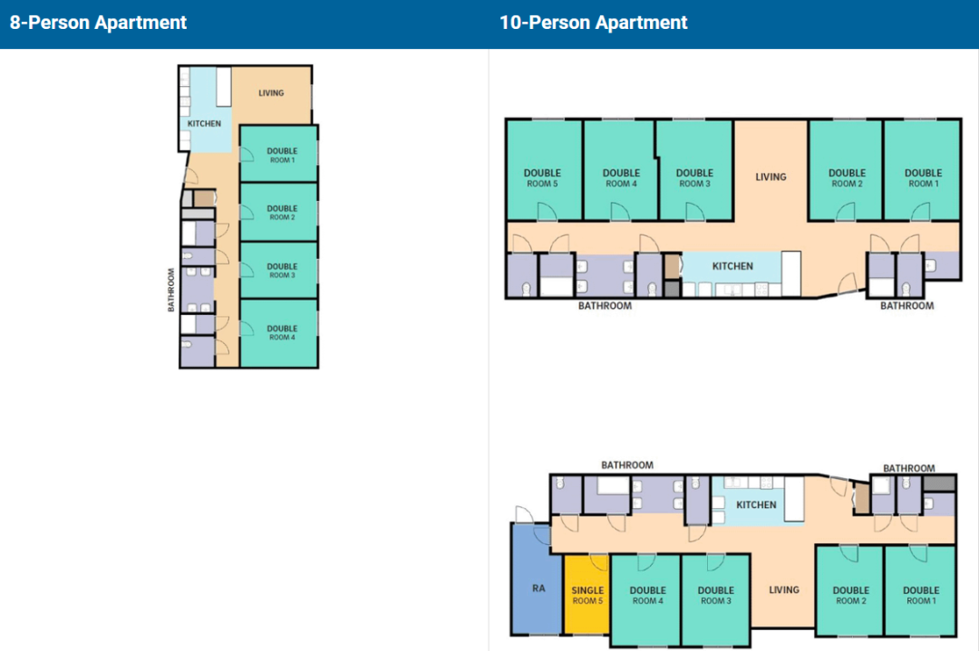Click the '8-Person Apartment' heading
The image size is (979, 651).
tap(98, 23)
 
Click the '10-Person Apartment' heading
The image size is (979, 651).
tap(593, 23)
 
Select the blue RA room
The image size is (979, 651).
tap(536, 579)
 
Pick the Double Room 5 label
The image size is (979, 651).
tap(542, 177)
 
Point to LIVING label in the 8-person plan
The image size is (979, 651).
tap(271, 93)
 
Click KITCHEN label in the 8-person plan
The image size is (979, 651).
tap(204, 123)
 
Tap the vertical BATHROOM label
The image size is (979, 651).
tap(170, 290)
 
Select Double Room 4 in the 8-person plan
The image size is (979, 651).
tap(279, 333)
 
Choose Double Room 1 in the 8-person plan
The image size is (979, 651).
tap(279, 154)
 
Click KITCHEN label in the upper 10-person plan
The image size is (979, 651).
tap(732, 266)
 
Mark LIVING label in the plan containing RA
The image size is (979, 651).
tap(783, 590)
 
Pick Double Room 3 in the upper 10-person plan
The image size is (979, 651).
tap(694, 169)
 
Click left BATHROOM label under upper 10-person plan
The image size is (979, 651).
tap(605, 305)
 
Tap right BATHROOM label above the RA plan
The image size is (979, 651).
tap(908, 468)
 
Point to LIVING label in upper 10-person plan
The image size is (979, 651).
tap(771, 177)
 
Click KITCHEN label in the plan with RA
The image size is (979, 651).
tap(756, 504)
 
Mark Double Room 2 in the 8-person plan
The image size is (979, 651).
tap(279, 212)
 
